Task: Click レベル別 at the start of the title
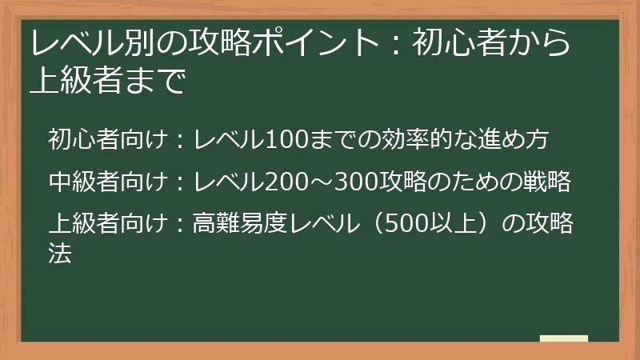(x=79, y=43)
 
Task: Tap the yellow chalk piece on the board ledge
(x=563, y=338)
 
